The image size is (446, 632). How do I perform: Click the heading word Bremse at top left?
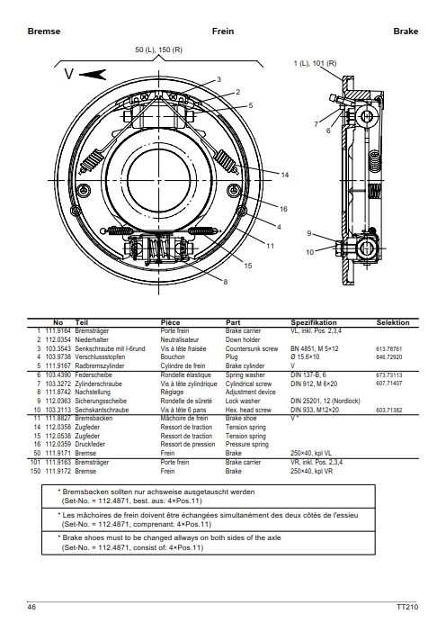point(44,32)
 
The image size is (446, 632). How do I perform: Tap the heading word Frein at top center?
point(223,32)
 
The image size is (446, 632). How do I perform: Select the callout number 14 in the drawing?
point(284,175)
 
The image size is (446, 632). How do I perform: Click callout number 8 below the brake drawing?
point(226,282)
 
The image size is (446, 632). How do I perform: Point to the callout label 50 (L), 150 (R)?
point(158,50)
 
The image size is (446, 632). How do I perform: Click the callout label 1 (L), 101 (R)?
point(316,63)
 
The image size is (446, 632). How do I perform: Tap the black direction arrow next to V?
point(93,75)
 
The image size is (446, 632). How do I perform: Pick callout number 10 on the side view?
point(309,252)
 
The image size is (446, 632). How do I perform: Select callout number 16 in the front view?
point(283,209)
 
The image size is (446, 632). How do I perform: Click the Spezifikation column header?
point(314,322)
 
